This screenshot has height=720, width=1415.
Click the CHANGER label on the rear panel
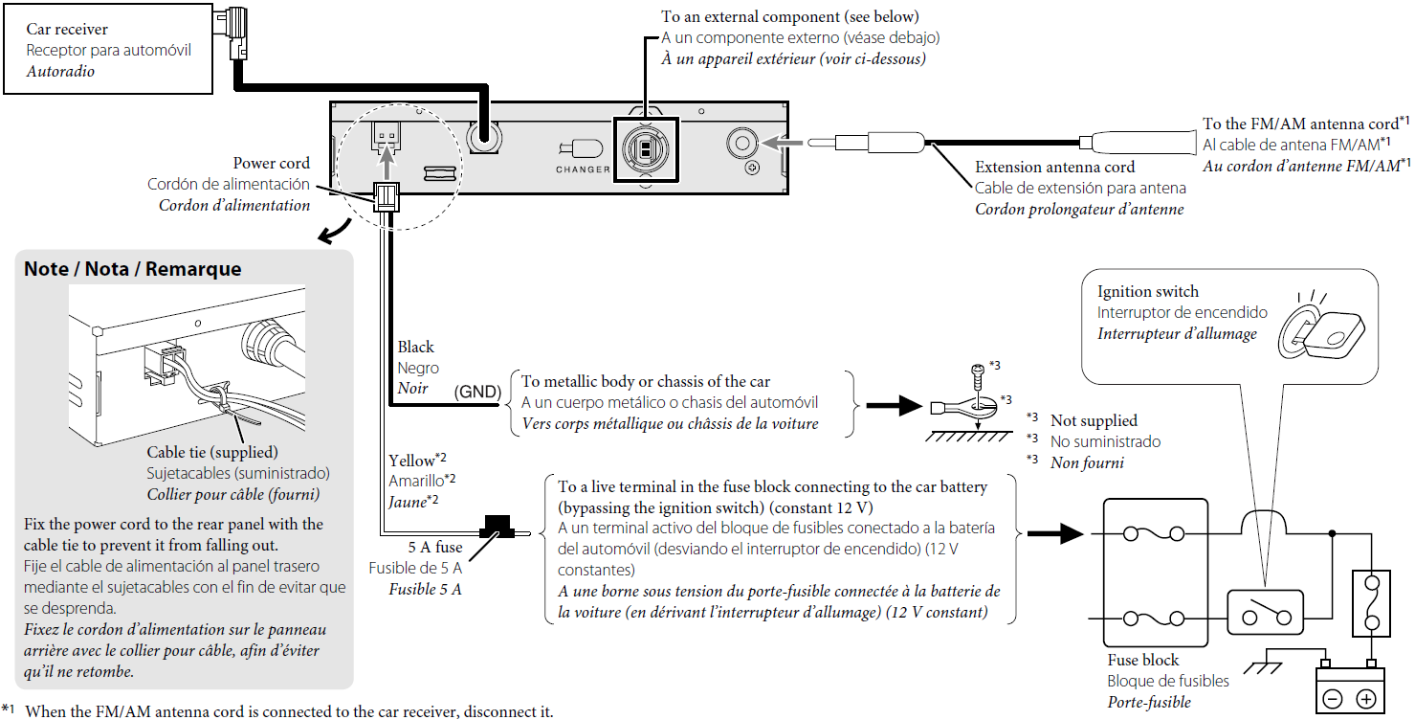click(x=583, y=169)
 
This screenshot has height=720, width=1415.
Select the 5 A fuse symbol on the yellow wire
click(x=497, y=526)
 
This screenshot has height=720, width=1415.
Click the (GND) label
click(x=477, y=392)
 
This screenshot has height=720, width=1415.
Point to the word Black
click(x=415, y=347)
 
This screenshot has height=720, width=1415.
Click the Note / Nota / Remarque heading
click(x=133, y=269)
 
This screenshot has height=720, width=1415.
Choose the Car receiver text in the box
click(x=67, y=30)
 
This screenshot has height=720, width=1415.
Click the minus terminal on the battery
click(x=1332, y=699)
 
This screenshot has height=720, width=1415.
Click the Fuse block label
click(x=1142, y=660)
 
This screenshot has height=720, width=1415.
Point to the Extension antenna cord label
click(x=1054, y=168)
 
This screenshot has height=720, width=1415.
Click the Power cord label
click(x=272, y=164)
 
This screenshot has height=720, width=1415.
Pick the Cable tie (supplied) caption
click(x=211, y=452)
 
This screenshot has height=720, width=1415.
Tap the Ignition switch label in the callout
click(x=1147, y=292)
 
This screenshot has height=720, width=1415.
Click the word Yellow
click(x=411, y=461)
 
